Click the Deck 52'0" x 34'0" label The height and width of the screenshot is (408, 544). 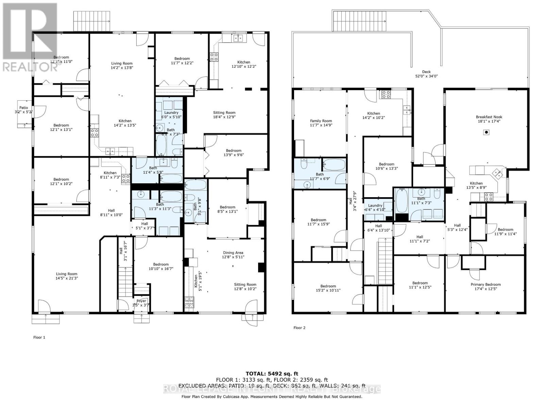[x=426, y=74]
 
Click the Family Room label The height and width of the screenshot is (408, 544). [x=321, y=123]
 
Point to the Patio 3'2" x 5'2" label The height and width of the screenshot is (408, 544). [x=23, y=110]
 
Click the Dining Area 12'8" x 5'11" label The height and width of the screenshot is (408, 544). [x=233, y=255]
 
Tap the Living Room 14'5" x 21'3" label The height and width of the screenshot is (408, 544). [x=67, y=276]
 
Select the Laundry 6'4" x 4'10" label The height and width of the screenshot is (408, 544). [x=375, y=208]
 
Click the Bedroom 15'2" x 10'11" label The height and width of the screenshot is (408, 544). [x=328, y=288]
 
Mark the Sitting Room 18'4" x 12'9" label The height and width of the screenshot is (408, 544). [x=224, y=115]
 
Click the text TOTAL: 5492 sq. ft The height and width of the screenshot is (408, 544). [x=272, y=374]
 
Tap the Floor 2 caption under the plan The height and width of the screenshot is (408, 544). [x=299, y=328]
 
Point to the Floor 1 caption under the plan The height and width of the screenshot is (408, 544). [x=39, y=337]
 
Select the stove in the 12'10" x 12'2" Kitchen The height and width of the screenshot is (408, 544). [x=214, y=57]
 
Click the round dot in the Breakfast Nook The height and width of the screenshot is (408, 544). [x=487, y=132]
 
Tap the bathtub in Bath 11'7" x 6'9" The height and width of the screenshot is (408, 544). [x=334, y=165]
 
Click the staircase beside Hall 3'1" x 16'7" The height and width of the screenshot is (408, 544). [x=125, y=282]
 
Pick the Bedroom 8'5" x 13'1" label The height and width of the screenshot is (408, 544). [x=227, y=209]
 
